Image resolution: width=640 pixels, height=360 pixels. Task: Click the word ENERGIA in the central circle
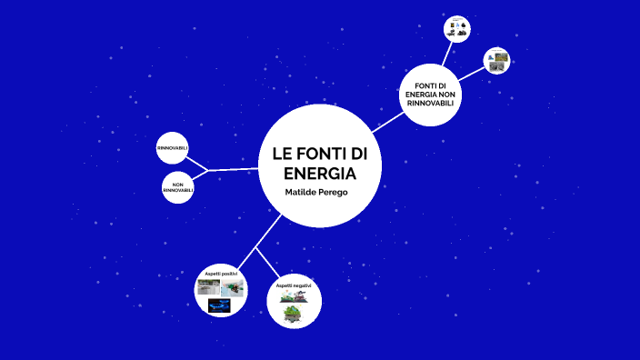319,174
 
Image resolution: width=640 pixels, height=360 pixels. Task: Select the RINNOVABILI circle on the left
173,148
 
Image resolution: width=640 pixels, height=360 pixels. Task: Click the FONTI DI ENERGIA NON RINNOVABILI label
430,94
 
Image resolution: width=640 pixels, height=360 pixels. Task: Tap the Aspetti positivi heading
221,274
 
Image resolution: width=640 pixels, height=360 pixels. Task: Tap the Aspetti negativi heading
294,285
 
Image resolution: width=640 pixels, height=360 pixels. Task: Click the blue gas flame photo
219,305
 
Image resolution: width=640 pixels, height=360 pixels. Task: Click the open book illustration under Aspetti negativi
293,296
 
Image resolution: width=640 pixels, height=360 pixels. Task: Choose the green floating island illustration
293,314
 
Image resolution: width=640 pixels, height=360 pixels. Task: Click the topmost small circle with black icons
456,29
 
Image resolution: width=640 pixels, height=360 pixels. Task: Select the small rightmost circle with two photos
496,61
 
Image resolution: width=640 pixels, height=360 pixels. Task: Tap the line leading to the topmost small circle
445,55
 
